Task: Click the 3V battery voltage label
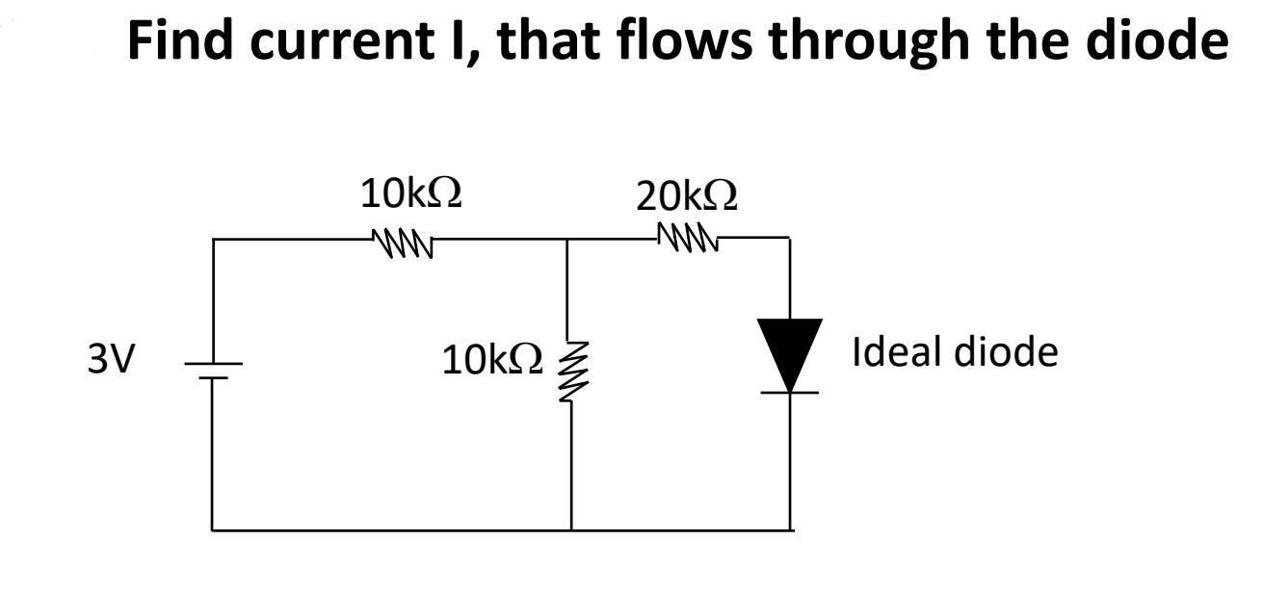point(111,359)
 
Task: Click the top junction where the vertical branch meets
point(571,239)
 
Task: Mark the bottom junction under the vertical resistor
point(571,529)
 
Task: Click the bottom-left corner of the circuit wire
point(213,529)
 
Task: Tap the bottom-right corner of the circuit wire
point(791,529)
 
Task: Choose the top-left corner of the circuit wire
point(213,239)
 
